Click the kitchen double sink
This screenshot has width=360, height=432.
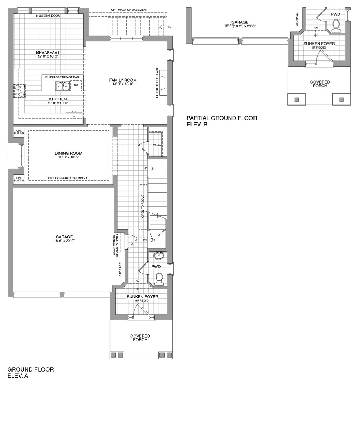point(62,86)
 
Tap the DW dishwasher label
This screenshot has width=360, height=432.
point(76,85)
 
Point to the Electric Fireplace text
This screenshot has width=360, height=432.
point(157,82)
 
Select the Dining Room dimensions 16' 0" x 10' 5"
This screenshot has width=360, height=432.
point(68,157)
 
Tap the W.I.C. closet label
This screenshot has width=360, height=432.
point(157,145)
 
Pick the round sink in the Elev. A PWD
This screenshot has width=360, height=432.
point(158,256)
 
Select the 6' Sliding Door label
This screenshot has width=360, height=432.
point(48,16)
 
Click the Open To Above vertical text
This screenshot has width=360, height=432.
point(143,207)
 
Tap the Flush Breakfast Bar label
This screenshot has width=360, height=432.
point(62,77)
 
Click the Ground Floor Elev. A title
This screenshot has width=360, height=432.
point(31,373)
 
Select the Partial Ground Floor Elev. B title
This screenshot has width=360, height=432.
point(222,121)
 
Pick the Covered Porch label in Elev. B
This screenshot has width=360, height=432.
point(320,84)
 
